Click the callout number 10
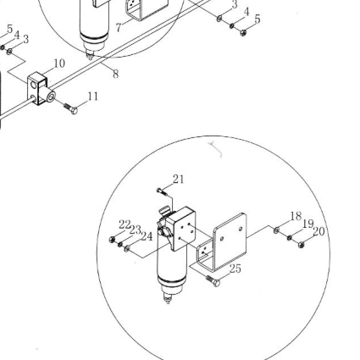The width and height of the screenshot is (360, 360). (59, 64)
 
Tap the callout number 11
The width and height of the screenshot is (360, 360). (93, 97)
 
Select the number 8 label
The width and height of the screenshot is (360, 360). (115, 75)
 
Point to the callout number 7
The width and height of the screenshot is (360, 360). (119, 28)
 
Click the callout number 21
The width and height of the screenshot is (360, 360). (179, 179)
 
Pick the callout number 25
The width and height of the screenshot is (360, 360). (235, 269)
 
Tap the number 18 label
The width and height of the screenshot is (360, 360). (296, 216)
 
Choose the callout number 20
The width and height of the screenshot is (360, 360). (318, 232)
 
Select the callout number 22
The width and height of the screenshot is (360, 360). (125, 224)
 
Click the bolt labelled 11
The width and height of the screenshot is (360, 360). (70, 108)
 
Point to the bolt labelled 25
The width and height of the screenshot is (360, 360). (213, 280)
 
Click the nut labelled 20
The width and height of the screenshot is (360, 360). (301, 245)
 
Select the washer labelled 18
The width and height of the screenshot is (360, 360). (277, 230)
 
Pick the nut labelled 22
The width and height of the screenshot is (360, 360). (112, 240)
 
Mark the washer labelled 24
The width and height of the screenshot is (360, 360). (127, 248)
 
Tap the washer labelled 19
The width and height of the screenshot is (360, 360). (289, 238)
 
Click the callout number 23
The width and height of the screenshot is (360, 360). (136, 230)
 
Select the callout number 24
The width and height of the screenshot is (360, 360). (147, 236)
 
